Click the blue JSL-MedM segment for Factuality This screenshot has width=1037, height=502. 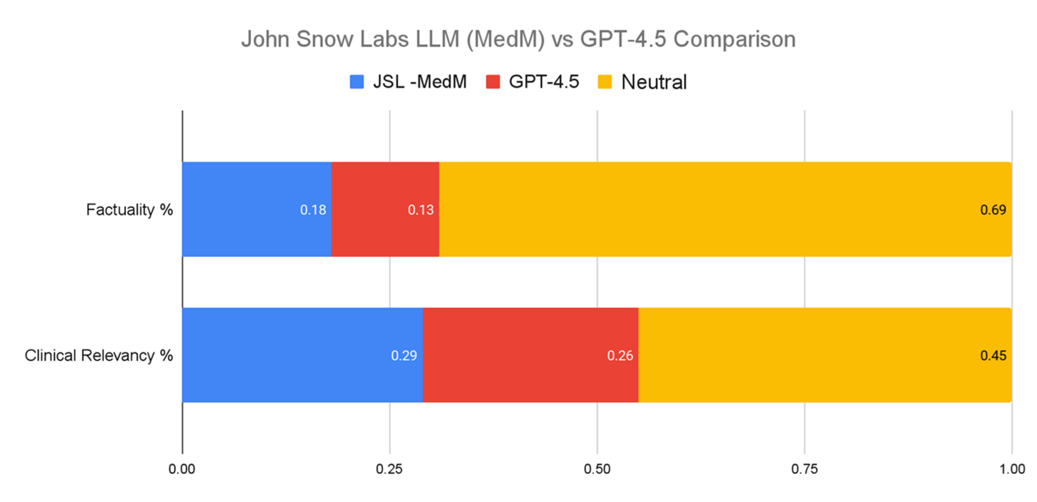pyautogui.click(x=256, y=210)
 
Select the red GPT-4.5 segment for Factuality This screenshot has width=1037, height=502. pyautogui.click(x=385, y=210)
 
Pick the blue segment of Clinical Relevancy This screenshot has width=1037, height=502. pyautogui.click(x=302, y=355)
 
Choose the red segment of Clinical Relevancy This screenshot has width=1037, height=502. pyautogui.click(x=530, y=355)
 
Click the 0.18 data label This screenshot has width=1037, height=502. pyautogui.click(x=313, y=210)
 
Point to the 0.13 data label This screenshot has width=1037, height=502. pyautogui.click(x=421, y=210)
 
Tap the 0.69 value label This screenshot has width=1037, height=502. pyautogui.click(x=993, y=210)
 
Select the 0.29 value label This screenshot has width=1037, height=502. pyautogui.click(x=404, y=356)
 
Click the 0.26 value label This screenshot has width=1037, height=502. pyautogui.click(x=620, y=356)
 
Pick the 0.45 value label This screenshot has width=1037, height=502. pyautogui.click(x=993, y=356)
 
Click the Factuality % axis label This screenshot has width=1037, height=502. pyautogui.click(x=130, y=210)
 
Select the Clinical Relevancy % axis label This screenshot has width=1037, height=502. pyautogui.click(x=99, y=355)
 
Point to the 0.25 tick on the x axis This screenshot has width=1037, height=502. pyautogui.click(x=389, y=469)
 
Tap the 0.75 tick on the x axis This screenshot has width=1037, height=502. pyautogui.click(x=805, y=469)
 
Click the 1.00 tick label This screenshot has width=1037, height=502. pyautogui.click(x=1012, y=469)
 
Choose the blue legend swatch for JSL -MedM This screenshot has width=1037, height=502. pyautogui.click(x=357, y=82)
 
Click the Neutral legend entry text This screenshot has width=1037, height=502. pyautogui.click(x=654, y=82)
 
